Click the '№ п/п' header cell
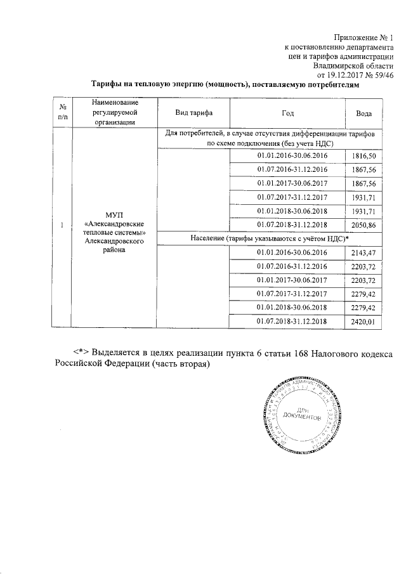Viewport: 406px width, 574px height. coord(62,112)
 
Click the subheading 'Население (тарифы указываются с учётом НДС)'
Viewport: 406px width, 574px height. coord(270,238)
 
